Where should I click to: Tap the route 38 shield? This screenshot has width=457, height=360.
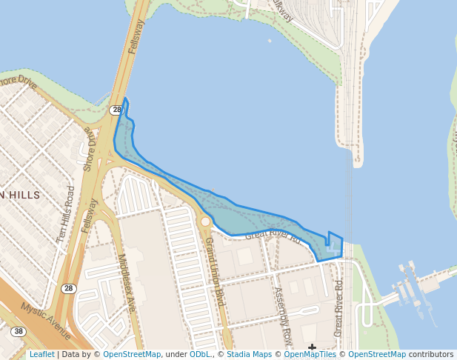click(x=19, y=332)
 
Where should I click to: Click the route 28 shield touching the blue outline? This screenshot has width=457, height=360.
click(x=116, y=110)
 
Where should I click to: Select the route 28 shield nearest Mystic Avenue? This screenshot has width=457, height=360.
click(x=68, y=288)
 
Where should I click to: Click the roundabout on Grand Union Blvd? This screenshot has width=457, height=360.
click(x=206, y=221)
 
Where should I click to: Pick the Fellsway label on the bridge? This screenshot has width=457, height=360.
click(x=134, y=36)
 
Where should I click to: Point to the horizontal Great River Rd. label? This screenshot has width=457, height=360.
click(x=272, y=237)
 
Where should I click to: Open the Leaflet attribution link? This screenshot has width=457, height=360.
click(x=41, y=354)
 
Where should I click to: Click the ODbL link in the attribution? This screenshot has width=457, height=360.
click(x=200, y=354)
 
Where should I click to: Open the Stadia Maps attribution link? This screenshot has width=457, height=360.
click(x=249, y=354)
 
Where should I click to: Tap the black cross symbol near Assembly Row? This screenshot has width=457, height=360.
click(x=313, y=347)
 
